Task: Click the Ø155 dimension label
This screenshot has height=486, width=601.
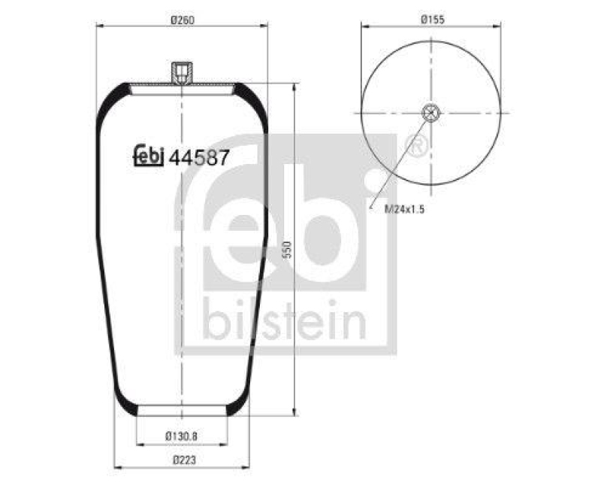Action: coord(433,20)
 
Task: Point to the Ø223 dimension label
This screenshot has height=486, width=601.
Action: coord(181,459)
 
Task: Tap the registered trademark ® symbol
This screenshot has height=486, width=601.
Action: coord(416,144)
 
